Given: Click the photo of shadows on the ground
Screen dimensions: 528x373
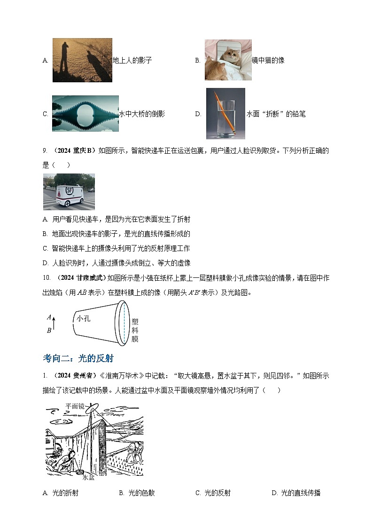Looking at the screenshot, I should tap(82, 60).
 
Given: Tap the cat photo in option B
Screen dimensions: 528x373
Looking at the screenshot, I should tap(228, 60).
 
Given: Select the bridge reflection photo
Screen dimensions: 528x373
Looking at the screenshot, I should tap(85, 113).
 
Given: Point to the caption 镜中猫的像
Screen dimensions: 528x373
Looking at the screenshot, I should tap(268, 60).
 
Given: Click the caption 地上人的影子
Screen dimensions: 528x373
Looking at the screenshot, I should tap(132, 60).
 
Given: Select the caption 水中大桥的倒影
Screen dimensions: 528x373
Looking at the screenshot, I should tap(141, 114).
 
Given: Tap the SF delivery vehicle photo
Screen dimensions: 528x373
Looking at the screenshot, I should tap(69, 191).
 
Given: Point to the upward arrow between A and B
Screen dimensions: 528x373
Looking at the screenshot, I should tap(54, 323).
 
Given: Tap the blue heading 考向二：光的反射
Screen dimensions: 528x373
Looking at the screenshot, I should tap(78, 358).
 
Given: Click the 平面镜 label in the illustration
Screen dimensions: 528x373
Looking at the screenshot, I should tap(75, 406).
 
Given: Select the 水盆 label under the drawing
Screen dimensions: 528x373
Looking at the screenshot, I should tap(89, 477).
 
